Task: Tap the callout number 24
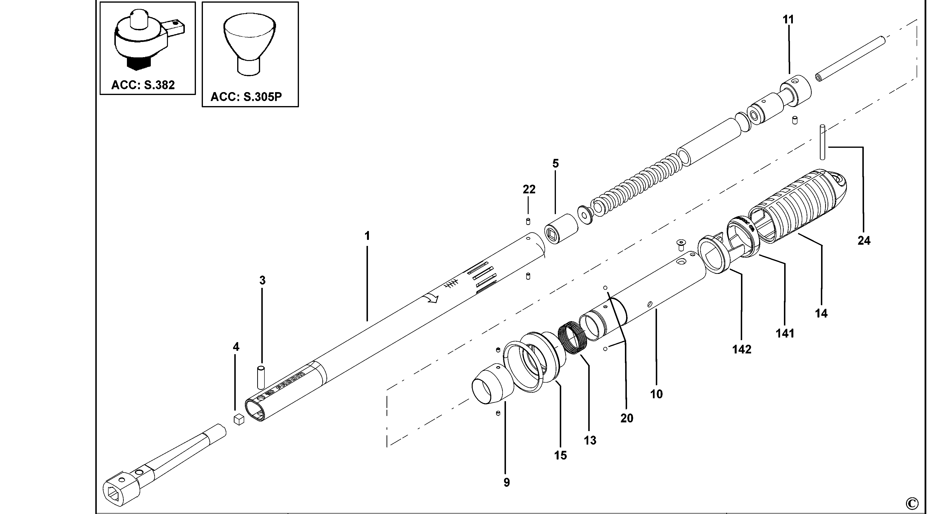pyautogui.click(x=864, y=241)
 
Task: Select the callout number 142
pyautogui.click(x=742, y=349)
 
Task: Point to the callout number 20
pyautogui.click(x=627, y=418)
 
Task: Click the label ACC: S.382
pyautogui.click(x=143, y=85)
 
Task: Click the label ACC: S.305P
pyautogui.click(x=246, y=97)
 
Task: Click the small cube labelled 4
pyautogui.click(x=239, y=419)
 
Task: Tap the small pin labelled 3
pyautogui.click(x=262, y=378)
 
